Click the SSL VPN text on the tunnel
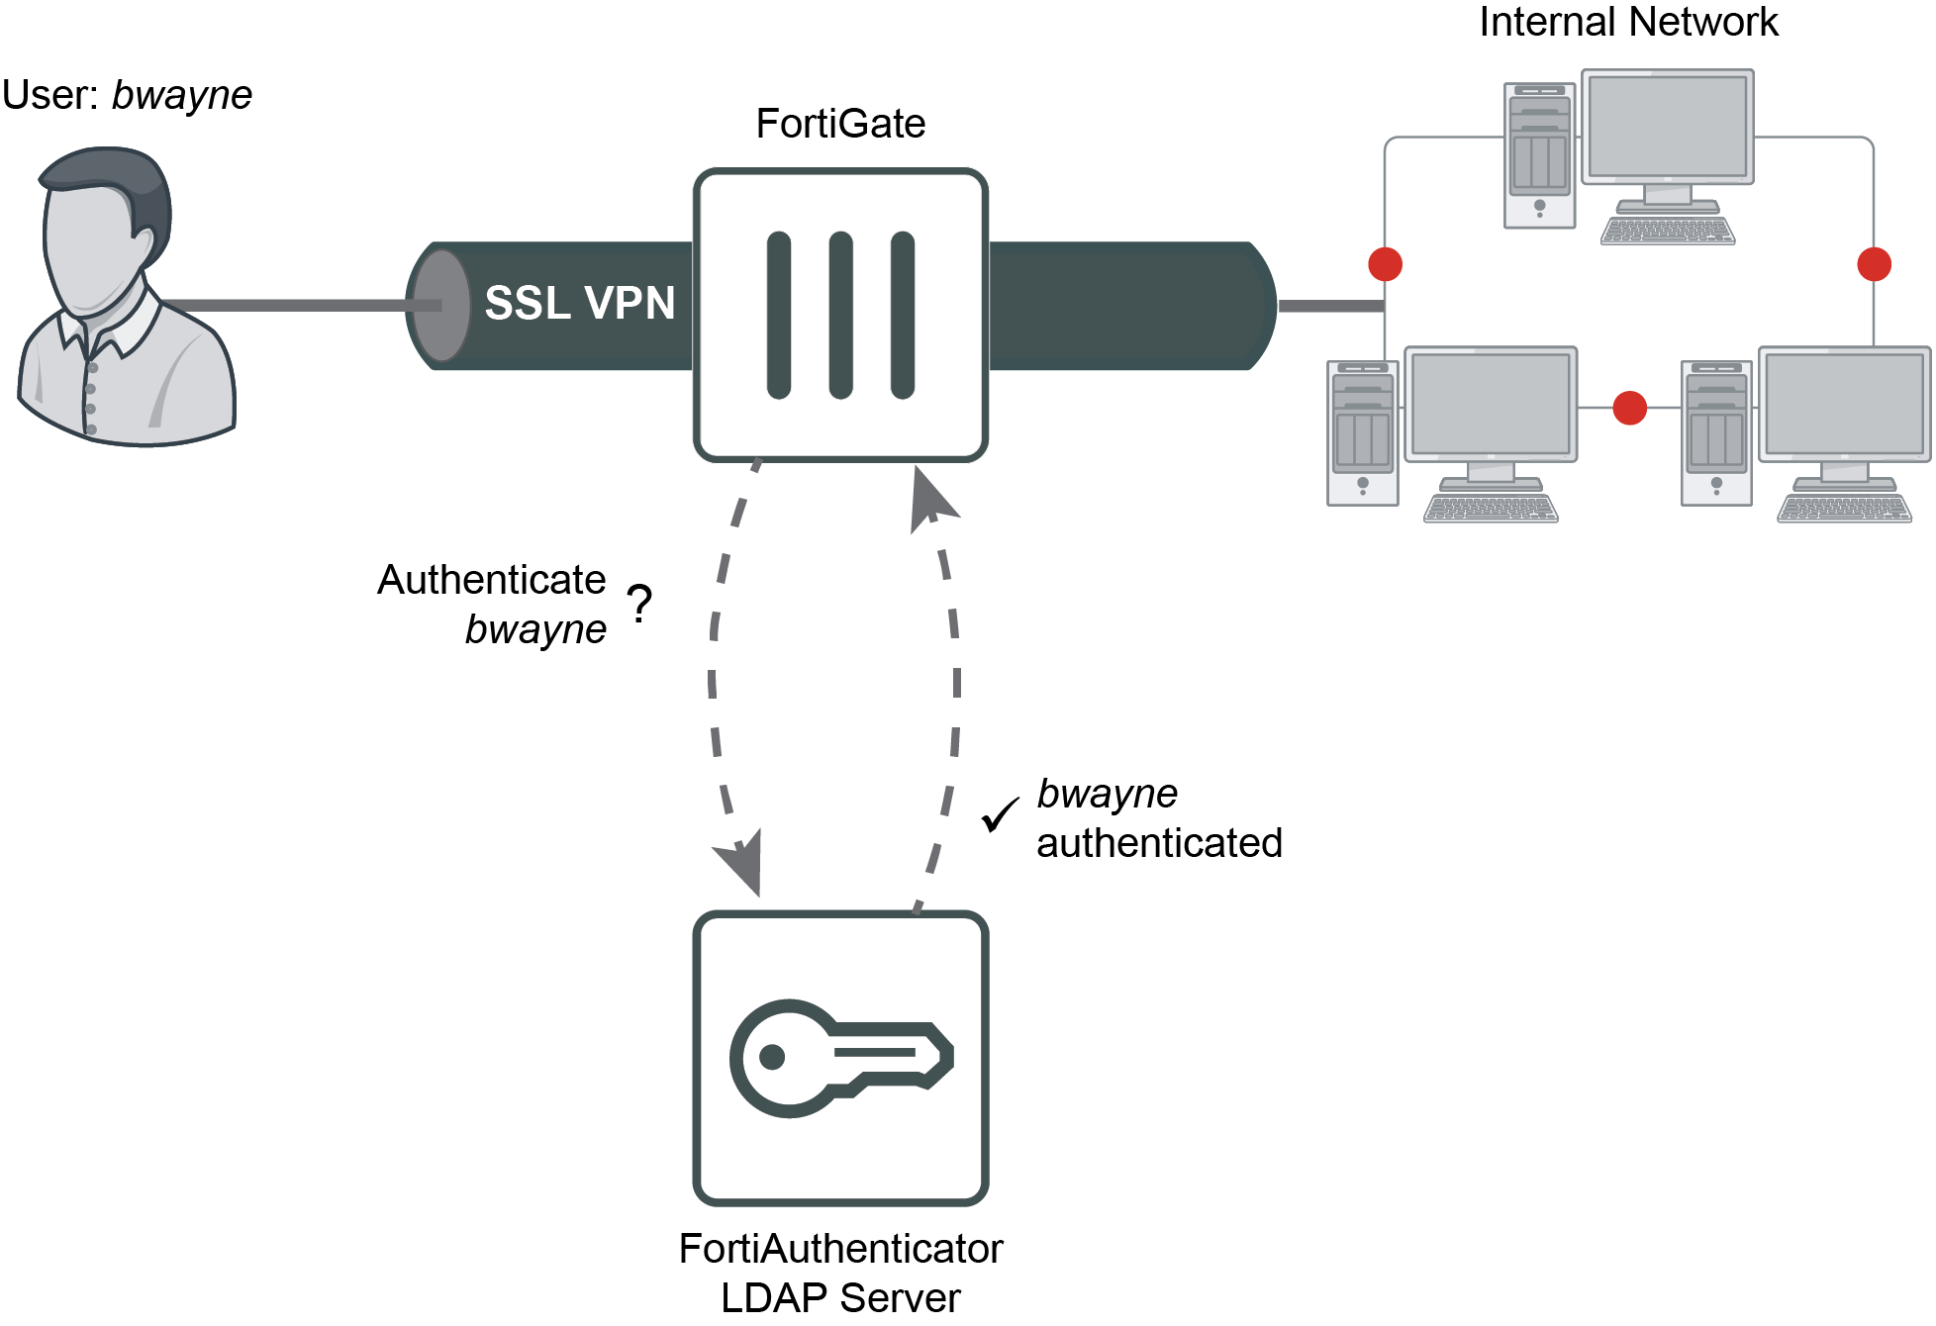click(x=579, y=303)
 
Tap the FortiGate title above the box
click(x=840, y=124)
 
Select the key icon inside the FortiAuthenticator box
click(x=840, y=1058)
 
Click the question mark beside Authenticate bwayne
click(x=640, y=603)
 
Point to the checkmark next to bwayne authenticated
click(x=1000, y=814)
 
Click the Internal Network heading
click(x=1627, y=22)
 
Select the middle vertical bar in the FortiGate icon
click(x=840, y=315)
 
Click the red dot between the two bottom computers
click(x=1629, y=408)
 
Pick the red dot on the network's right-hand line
click(x=1874, y=264)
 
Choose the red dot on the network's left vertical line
click(x=1385, y=264)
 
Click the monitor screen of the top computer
click(x=1667, y=127)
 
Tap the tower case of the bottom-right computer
click(x=1716, y=433)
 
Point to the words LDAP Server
click(x=840, y=1298)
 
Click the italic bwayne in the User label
click(x=182, y=96)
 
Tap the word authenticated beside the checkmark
click(x=1159, y=843)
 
